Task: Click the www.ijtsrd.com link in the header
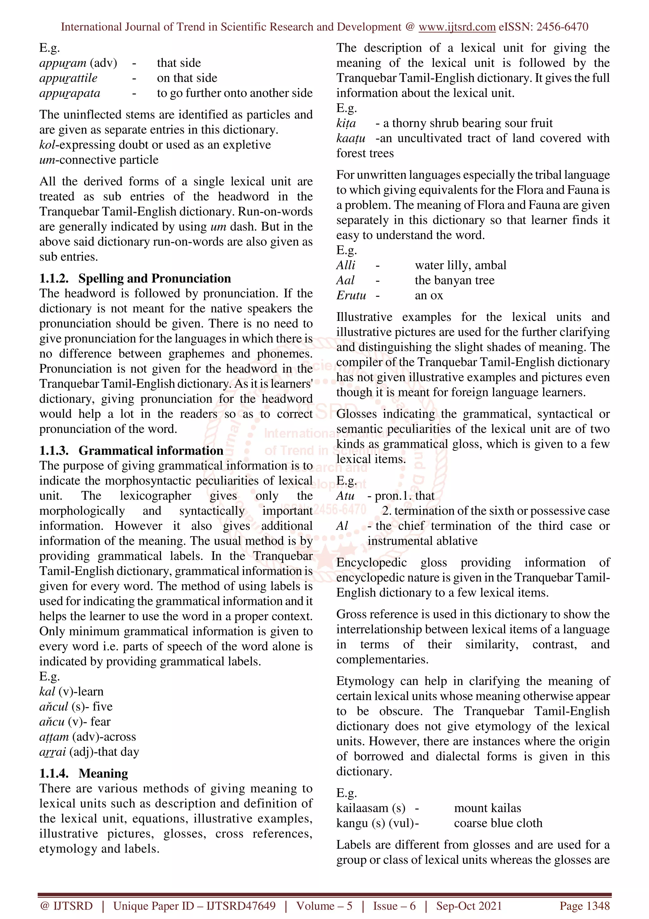point(457,27)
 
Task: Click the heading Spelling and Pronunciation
point(154,278)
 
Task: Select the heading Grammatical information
point(151,450)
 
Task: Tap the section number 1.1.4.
point(54,773)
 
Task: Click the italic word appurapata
point(70,93)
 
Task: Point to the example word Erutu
point(351,296)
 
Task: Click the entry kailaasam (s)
point(371,808)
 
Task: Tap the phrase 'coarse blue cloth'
point(498,823)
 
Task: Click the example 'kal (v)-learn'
point(71,691)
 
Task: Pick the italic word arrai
point(52,752)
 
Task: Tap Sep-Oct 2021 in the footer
point(469,905)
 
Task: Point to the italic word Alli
point(345,265)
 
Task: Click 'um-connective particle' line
point(99,160)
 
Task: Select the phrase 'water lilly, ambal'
point(460,265)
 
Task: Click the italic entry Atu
point(345,496)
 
